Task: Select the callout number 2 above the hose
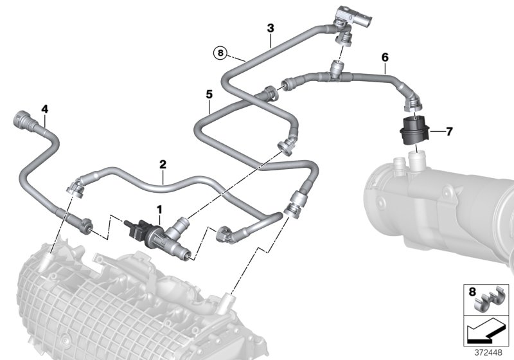(163, 165)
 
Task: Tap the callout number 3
(270, 28)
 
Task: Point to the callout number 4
(44, 109)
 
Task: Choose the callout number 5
(209, 94)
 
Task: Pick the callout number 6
(385, 58)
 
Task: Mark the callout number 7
(449, 132)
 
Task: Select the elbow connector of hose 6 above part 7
(409, 101)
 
